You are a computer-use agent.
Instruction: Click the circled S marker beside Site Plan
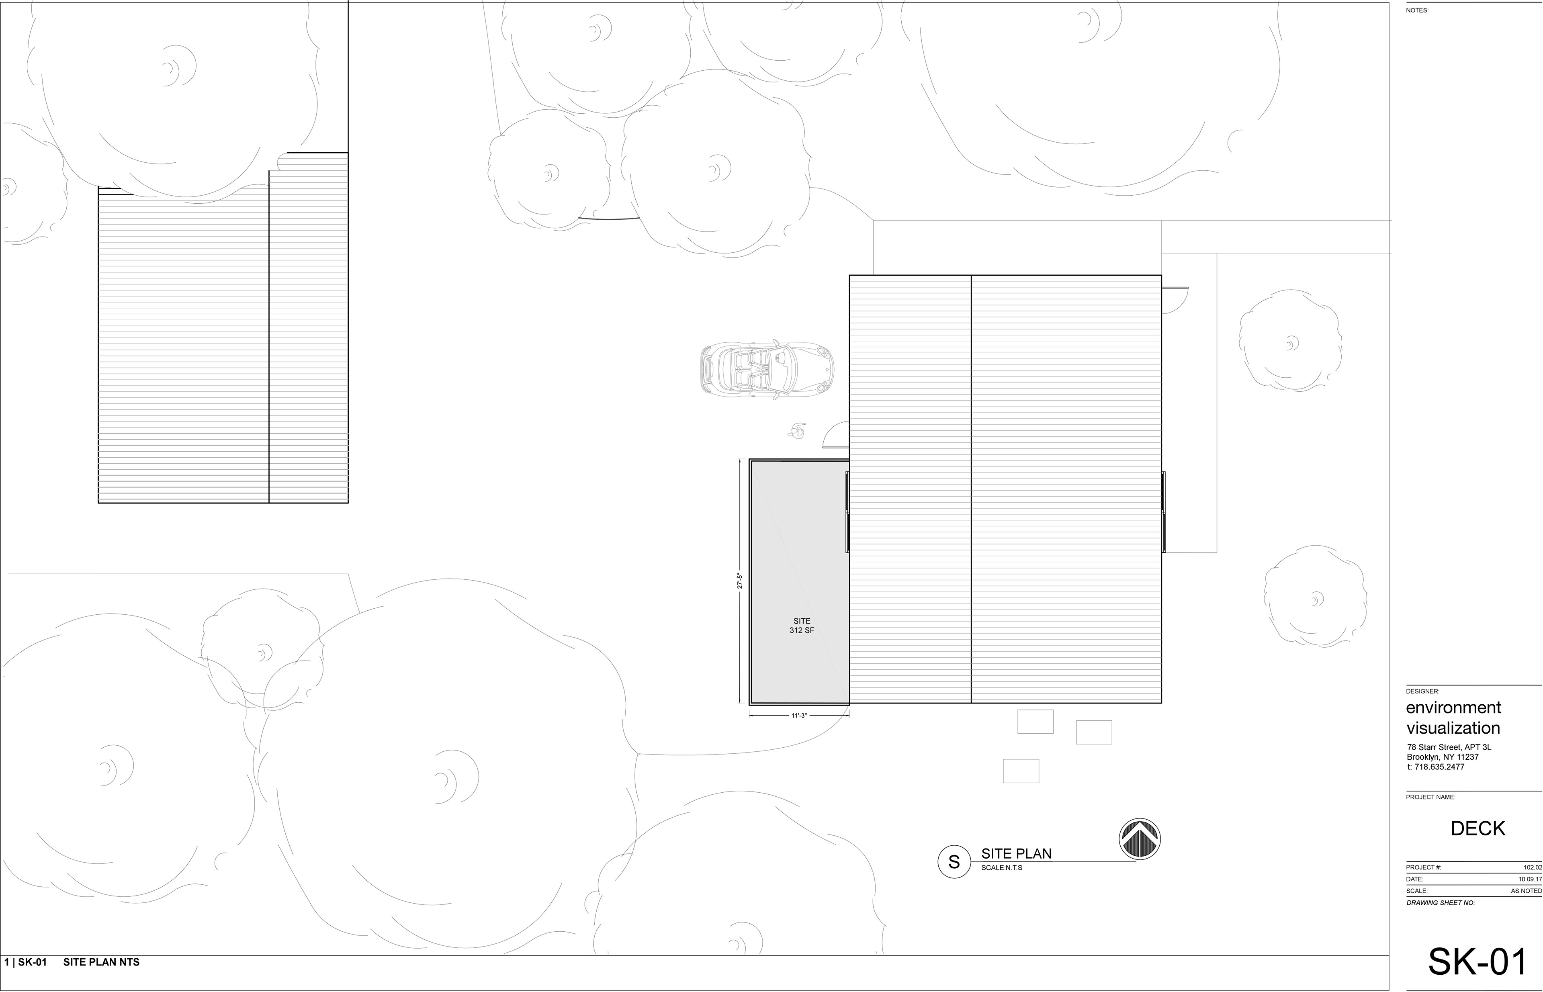[954, 861]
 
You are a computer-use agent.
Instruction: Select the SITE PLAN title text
[1016, 853]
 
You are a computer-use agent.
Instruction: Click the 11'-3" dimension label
[799, 716]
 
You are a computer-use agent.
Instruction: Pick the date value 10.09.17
[1530, 879]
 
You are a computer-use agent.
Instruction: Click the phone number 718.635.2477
[1439, 767]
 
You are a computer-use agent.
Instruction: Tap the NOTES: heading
[1417, 10]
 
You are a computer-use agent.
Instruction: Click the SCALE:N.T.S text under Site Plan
[1002, 868]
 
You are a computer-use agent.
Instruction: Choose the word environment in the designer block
[1453, 707]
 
